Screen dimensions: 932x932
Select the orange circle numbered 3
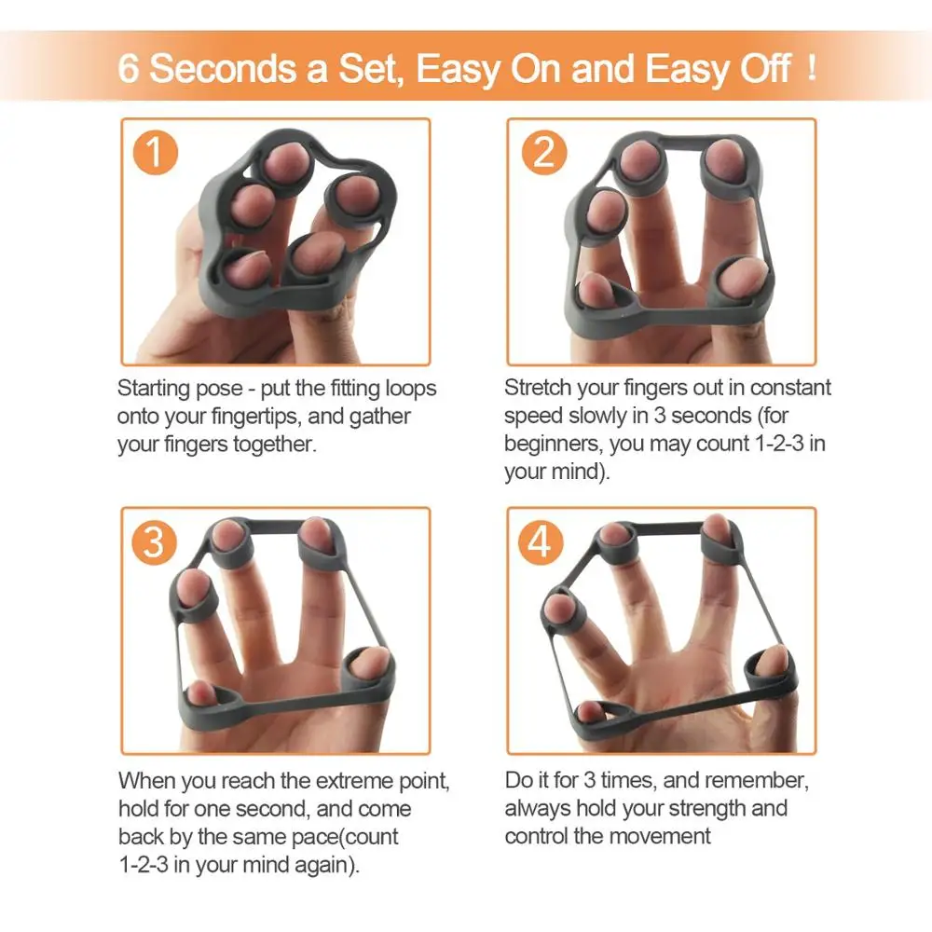[x=156, y=541]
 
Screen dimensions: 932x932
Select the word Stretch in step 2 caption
[x=539, y=388]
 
